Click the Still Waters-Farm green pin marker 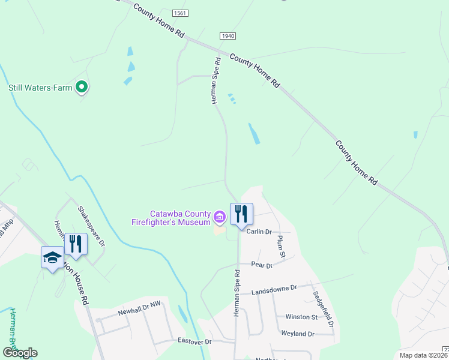coord(83,88)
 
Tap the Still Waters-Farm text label coord(40,88)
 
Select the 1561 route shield coord(179,13)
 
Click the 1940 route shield coord(228,36)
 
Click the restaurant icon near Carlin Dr coord(241,214)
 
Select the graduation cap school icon coord(52,257)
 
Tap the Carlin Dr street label coord(260,232)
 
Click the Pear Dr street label coord(262,265)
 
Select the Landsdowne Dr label coord(274,289)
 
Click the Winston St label coord(301,317)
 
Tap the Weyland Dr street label coord(298,334)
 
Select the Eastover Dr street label coord(195,341)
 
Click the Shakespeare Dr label coord(91,226)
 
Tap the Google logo coord(20,353)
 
